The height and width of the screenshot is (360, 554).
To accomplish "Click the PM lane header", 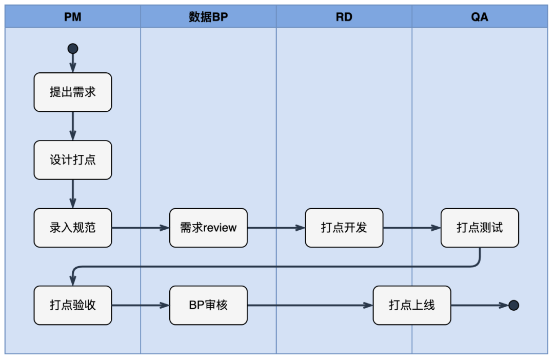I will (x=73, y=17).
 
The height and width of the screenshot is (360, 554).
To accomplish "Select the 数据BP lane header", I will (x=208, y=17).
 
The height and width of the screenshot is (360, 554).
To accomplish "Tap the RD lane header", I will (x=344, y=17).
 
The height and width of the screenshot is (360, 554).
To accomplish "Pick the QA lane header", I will (x=480, y=17).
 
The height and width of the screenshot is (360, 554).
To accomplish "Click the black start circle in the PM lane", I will (x=73, y=49).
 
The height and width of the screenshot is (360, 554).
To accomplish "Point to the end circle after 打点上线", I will (x=513, y=306).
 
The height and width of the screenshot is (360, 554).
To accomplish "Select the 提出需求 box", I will (x=73, y=92).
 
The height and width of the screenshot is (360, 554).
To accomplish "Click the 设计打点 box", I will (x=73, y=160).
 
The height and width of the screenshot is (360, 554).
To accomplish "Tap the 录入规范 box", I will (x=73, y=228).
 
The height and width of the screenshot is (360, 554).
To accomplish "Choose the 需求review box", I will (x=208, y=228).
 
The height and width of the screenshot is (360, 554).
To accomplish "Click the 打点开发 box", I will (x=344, y=228).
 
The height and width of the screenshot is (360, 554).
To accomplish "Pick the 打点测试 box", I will (x=480, y=228).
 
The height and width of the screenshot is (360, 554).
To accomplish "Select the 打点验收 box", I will (x=73, y=306).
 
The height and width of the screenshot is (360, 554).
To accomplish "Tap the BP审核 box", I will (x=208, y=306).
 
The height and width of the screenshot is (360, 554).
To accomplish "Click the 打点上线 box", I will (x=412, y=306).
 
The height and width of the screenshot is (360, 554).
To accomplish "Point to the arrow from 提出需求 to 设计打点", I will (x=73, y=126).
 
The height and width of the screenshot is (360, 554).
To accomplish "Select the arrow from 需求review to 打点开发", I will (x=276, y=228).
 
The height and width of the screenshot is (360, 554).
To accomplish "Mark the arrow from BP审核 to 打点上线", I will (x=310, y=306).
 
